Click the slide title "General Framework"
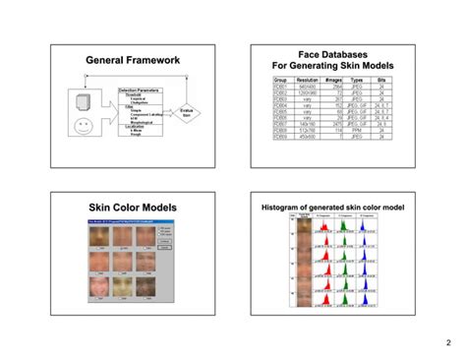[133, 61]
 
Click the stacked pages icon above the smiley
[82, 101]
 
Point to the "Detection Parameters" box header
[140, 90]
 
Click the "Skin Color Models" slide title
[133, 208]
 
